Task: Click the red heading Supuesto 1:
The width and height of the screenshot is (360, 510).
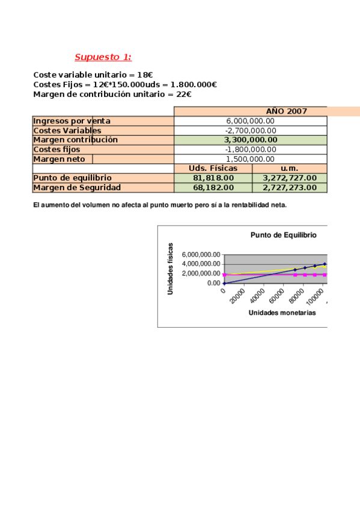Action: pyautogui.click(x=103, y=57)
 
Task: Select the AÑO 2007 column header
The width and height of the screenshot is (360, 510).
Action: pyautogui.click(x=286, y=111)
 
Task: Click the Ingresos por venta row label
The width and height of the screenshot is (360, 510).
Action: pyautogui.click(x=72, y=121)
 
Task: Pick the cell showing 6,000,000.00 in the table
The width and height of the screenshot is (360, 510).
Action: pyautogui.click(x=251, y=121)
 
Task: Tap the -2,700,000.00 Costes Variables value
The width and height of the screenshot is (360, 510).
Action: pyautogui.click(x=251, y=131)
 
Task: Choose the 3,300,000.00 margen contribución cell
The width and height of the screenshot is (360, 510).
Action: pyautogui.click(x=251, y=140)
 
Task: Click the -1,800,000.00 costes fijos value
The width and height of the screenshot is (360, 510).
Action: pyautogui.click(x=251, y=149)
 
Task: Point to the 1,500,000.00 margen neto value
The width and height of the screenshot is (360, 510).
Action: pyautogui.click(x=251, y=159)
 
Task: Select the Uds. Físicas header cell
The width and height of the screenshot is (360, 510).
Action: pyautogui.click(x=213, y=168)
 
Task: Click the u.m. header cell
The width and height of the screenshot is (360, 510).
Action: pyautogui.click(x=290, y=168)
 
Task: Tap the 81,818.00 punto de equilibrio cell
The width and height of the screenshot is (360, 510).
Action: pyautogui.click(x=213, y=178)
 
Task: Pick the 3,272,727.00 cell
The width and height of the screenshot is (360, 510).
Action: pyautogui.click(x=290, y=178)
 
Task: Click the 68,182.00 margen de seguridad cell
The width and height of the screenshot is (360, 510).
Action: pyautogui.click(x=213, y=188)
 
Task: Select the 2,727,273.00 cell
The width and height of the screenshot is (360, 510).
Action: pyautogui.click(x=290, y=188)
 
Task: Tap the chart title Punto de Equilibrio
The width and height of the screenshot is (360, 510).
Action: pyautogui.click(x=283, y=235)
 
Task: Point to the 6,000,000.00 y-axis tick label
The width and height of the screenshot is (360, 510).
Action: pyautogui.click(x=201, y=254)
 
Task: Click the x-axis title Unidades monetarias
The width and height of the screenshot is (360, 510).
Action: pyautogui.click(x=282, y=313)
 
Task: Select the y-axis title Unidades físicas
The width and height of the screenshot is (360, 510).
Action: pyautogui.click(x=171, y=268)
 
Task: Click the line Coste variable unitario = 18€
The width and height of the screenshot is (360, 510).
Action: pyautogui.click(x=93, y=75)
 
